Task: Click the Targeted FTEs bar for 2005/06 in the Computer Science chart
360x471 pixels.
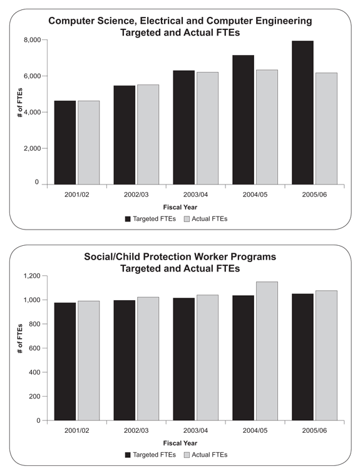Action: [302, 113]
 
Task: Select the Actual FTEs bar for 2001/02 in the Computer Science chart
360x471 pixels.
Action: [89, 143]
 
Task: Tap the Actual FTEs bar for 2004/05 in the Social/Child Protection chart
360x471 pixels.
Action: [267, 351]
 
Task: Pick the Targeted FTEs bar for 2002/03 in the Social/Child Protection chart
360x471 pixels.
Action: [125, 360]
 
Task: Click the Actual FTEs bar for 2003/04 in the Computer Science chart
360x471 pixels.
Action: [207, 128]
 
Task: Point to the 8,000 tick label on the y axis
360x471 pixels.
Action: [32, 39]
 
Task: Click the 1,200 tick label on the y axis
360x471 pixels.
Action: [32, 276]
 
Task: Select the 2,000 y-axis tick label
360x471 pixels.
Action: [32, 148]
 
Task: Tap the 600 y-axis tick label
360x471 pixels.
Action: [34, 348]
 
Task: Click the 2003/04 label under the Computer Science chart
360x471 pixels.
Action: [195, 195]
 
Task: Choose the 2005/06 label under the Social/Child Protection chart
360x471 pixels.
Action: [314, 430]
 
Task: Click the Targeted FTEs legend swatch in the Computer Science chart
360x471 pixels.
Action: [128, 219]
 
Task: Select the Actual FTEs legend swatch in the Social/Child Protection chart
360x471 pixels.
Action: [187, 455]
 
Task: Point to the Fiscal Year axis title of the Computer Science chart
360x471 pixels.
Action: [180, 207]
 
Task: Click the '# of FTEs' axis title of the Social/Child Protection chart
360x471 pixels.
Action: [20, 338]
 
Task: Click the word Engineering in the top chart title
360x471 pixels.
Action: [284, 21]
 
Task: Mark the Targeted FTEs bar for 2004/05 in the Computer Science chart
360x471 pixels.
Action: [244, 120]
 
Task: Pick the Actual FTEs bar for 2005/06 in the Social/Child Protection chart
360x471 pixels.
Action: [326, 356]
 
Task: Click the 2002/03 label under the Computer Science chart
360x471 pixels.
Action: [136, 195]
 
